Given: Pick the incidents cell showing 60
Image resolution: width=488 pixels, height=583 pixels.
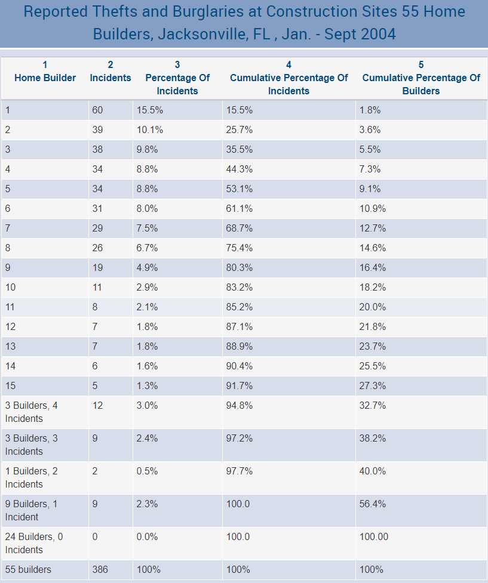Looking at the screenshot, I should point(97,110).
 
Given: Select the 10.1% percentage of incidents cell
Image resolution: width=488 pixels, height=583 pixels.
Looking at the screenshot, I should point(149,130).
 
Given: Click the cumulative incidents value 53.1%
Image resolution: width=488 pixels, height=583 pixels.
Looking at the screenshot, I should point(240,189).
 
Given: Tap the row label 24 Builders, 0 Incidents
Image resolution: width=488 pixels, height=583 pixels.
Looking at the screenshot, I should point(34,543).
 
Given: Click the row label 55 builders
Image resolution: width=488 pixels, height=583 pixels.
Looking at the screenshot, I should point(28,570).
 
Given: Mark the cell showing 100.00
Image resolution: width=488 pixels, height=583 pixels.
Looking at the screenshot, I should point(374,537).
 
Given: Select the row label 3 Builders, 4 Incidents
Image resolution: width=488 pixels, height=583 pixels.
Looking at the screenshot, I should point(32,412).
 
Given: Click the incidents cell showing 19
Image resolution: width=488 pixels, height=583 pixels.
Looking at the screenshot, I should point(97,268).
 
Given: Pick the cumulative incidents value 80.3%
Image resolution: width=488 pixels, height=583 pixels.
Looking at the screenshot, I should point(240,268).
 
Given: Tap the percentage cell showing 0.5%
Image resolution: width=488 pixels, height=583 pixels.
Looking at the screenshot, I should point(147,471).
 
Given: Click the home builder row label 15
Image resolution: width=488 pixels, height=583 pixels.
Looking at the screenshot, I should point(10,386).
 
